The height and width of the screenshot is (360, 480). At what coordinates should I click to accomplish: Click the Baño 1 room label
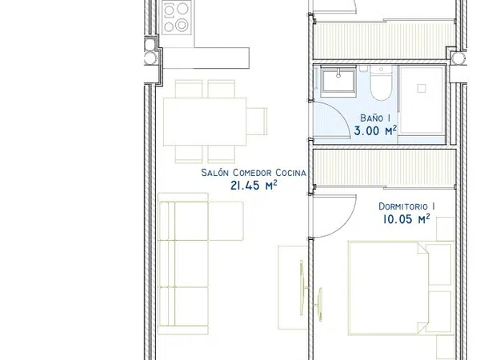[375, 118]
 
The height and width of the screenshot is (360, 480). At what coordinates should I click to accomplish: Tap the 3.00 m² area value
[376, 130]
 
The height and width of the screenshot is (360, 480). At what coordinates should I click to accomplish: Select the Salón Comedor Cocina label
[254, 173]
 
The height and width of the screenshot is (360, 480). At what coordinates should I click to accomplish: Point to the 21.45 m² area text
[254, 186]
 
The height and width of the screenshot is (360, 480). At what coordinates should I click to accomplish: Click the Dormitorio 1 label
[407, 206]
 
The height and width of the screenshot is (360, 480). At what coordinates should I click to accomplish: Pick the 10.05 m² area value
[406, 219]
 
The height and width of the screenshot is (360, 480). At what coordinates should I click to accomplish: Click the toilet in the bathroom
[381, 83]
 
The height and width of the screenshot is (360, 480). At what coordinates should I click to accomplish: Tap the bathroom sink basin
[338, 79]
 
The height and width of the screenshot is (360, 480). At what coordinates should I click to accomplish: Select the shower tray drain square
[422, 89]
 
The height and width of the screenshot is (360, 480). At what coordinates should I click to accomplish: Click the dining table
[205, 122]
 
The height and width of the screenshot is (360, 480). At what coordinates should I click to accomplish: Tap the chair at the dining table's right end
[257, 122]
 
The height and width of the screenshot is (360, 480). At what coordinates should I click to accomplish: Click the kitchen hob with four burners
[176, 17]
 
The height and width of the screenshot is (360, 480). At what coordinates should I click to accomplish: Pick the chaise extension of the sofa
[226, 221]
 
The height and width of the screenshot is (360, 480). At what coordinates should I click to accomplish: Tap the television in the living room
[302, 288]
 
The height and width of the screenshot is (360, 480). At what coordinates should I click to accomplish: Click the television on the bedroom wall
[319, 304]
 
